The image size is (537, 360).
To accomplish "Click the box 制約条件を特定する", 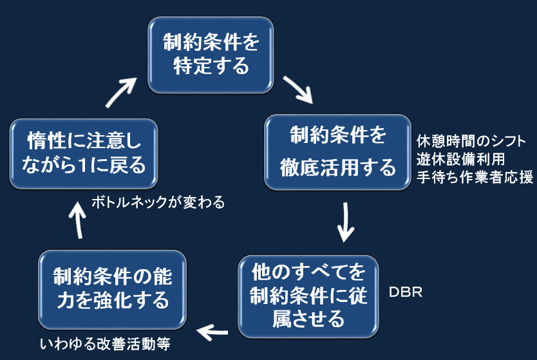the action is [x=211, y=55].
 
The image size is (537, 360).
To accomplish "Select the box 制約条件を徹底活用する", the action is [x=337, y=152].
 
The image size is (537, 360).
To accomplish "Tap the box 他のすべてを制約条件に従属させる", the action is [x=308, y=296].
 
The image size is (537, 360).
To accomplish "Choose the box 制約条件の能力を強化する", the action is [x=112, y=289].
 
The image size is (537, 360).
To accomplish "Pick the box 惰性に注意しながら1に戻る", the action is [x=84, y=153].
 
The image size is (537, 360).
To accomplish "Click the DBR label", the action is [x=406, y=292].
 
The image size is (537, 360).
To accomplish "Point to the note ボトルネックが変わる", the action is [x=158, y=202].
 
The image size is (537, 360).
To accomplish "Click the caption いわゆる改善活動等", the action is [x=105, y=343].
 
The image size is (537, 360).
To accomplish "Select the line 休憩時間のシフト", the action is [x=471, y=141].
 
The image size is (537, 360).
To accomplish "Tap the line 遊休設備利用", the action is [x=460, y=159].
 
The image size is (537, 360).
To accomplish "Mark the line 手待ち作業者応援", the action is [x=475, y=177].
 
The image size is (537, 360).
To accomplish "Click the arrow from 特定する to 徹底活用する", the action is [x=297, y=90].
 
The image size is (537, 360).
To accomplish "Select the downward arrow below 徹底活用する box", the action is [x=345, y=222].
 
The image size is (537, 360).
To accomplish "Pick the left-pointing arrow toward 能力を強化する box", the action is [x=212, y=332].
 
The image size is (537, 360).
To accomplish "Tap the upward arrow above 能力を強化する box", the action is [x=78, y=220].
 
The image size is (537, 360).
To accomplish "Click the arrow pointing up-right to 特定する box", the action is [x=121, y=93].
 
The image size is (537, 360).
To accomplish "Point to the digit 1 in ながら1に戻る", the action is [x=82, y=165].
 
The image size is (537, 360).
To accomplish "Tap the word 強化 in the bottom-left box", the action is [x=112, y=300].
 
